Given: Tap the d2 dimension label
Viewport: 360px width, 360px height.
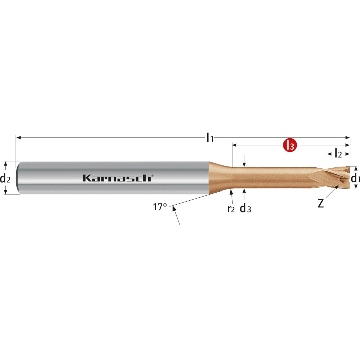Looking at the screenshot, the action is (x=5, y=178).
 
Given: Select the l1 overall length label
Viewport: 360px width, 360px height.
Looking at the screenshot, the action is (x=210, y=137).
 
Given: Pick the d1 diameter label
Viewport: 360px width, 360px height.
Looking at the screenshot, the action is (x=355, y=178).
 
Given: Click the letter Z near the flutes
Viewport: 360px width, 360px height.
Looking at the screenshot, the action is (x=321, y=203).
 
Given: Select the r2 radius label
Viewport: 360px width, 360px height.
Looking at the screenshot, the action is (x=231, y=209).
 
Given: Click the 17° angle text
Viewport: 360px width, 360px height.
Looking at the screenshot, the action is (x=160, y=207).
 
